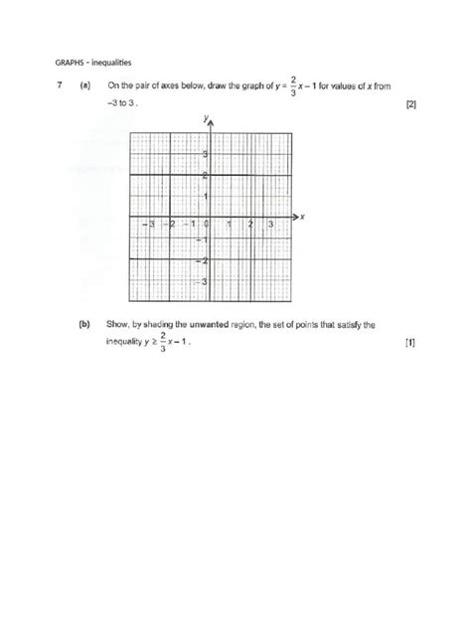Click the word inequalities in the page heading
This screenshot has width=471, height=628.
(90, 62)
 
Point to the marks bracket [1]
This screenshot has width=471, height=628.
(411, 343)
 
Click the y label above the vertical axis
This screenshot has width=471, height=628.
(203, 117)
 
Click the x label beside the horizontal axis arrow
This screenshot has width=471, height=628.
(301, 216)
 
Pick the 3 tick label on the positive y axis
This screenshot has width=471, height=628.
(205, 154)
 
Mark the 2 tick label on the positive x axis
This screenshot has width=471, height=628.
(251, 225)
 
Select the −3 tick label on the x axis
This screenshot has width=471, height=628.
(148, 225)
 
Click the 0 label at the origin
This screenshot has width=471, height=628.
(205, 225)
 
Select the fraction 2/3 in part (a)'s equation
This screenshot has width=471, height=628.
(293, 85)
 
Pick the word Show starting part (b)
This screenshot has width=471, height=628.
(117, 324)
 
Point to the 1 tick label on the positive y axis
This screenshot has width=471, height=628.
(205, 196)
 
